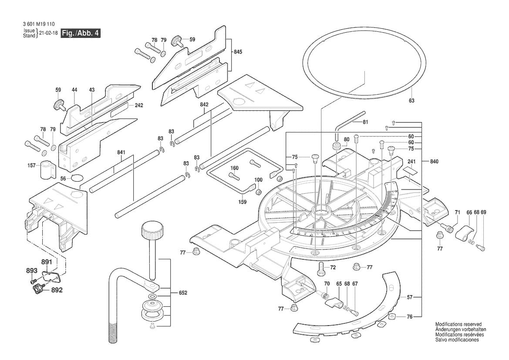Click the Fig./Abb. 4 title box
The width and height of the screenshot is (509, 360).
[x=81, y=33]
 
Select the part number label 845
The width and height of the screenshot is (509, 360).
[x=238, y=52]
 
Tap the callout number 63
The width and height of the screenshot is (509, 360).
[x=411, y=101]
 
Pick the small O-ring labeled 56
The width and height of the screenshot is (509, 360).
[x=77, y=178]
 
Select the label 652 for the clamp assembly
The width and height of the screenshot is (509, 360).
[x=183, y=293]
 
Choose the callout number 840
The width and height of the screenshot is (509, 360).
[x=434, y=161]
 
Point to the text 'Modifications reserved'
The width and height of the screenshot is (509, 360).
[x=458, y=325]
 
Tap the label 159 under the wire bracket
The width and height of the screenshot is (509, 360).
[x=243, y=202]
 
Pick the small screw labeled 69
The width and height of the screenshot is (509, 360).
[x=481, y=247]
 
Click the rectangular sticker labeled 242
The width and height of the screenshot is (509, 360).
[x=119, y=105]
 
